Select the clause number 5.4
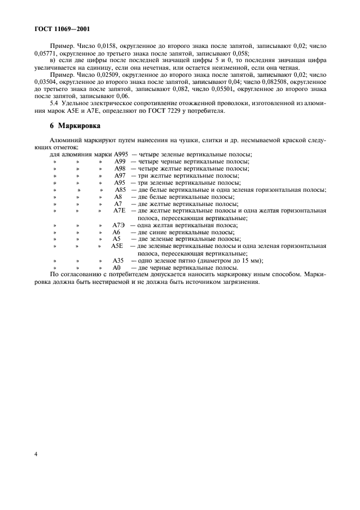tap(54, 104)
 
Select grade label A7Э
tap(119, 224)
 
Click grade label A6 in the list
tap(117, 232)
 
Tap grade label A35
tap(118, 260)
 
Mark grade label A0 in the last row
tap(117, 267)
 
